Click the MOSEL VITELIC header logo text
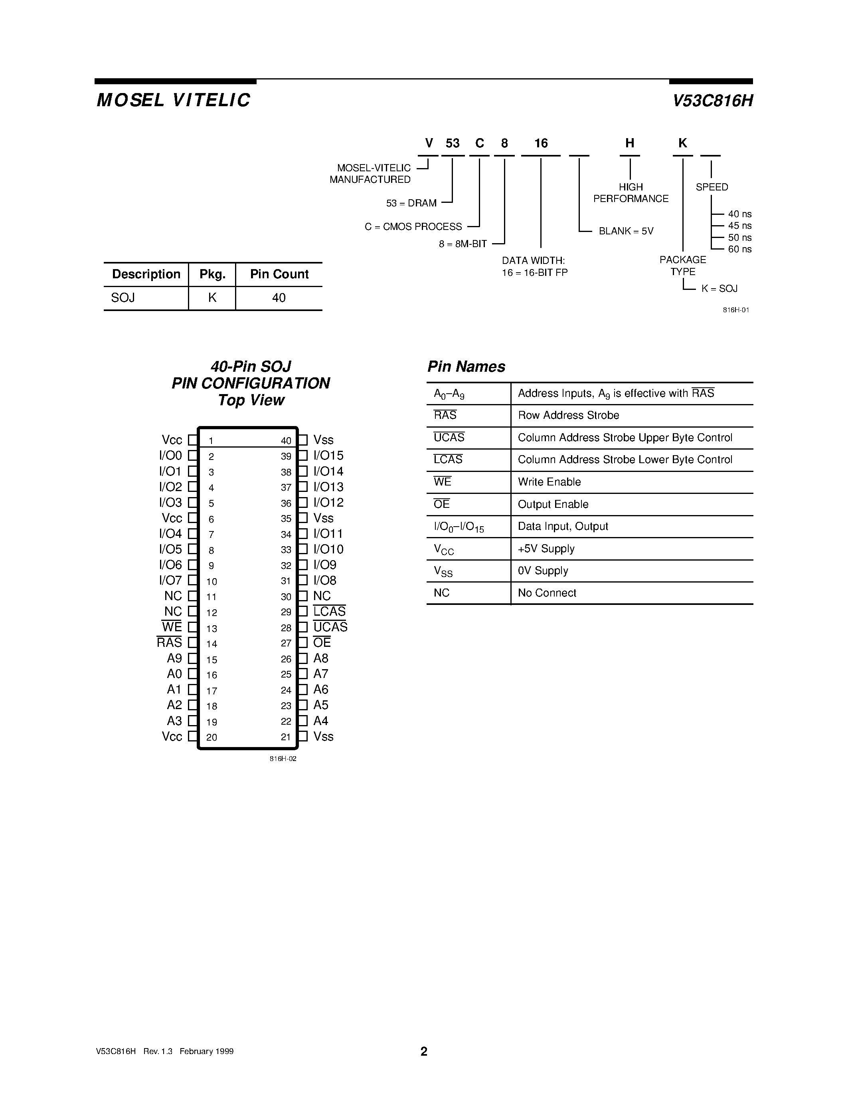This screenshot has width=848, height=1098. click(173, 100)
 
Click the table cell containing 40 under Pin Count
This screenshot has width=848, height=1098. click(279, 298)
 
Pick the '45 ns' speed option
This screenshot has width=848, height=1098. click(739, 226)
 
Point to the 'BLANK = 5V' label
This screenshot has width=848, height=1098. click(626, 231)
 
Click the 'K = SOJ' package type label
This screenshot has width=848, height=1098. click(720, 289)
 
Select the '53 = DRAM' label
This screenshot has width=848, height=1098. click(411, 203)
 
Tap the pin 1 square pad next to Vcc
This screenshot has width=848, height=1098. click(192, 440)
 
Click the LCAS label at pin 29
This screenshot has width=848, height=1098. click(330, 612)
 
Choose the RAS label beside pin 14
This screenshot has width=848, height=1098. click(169, 643)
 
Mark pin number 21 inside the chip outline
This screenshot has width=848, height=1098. click(286, 737)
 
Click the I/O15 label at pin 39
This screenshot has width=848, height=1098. click(328, 456)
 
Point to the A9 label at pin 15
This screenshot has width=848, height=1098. click(174, 658)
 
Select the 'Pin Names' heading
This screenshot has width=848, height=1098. click(466, 367)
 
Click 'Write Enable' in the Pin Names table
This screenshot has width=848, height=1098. click(549, 482)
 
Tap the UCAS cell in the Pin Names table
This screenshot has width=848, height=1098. click(449, 438)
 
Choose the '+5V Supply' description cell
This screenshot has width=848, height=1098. click(546, 549)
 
